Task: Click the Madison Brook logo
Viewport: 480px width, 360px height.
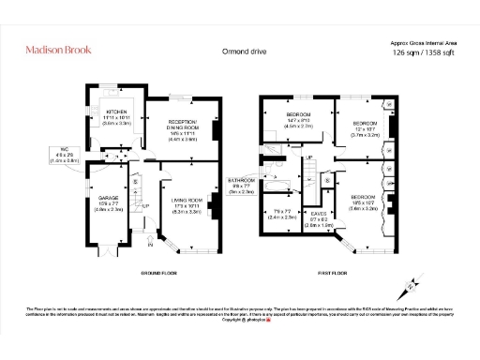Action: click(58, 49)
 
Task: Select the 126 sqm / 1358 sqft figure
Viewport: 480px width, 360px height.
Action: click(422, 53)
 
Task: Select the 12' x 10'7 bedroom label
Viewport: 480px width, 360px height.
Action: click(365, 128)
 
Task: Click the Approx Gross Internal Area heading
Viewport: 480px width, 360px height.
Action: click(422, 42)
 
